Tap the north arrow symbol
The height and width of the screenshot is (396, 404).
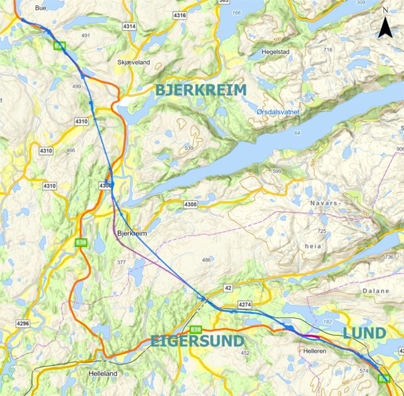[x=385, y=27]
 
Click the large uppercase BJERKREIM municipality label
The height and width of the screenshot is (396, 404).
[x=200, y=90]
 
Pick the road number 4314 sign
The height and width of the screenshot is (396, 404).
[x=129, y=26]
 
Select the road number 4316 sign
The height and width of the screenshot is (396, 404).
[x=179, y=15]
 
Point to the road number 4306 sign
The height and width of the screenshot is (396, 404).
[x=106, y=185]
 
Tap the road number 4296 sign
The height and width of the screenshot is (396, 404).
[x=23, y=323]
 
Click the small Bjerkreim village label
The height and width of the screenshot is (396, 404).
[x=130, y=234]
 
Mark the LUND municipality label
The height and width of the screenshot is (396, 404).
[x=364, y=333]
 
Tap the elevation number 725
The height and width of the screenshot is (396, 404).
[x=321, y=230]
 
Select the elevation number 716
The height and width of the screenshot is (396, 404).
[x=327, y=50]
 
